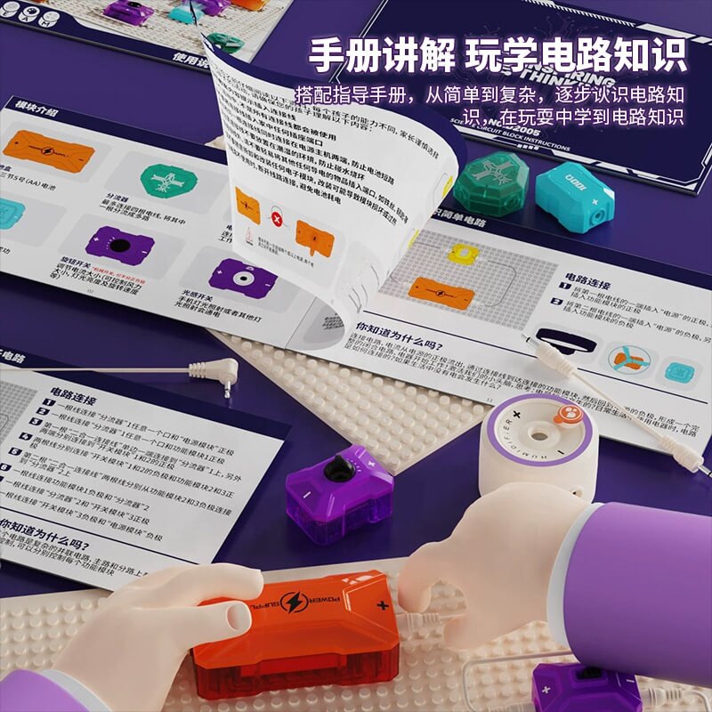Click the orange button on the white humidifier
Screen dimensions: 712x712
pos(566,414)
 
